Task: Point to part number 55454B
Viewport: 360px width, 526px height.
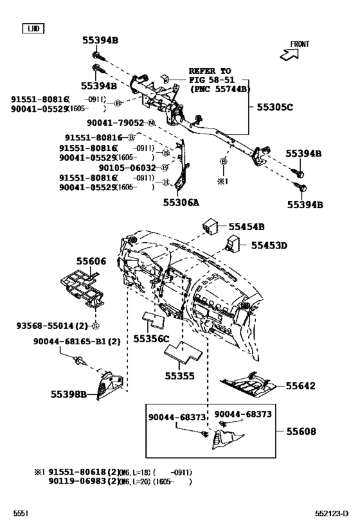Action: click(247, 227)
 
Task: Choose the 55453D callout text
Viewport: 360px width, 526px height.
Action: click(268, 245)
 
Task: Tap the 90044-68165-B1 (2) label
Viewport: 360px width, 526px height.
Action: click(77, 342)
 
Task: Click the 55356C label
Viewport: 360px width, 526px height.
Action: click(151, 338)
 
